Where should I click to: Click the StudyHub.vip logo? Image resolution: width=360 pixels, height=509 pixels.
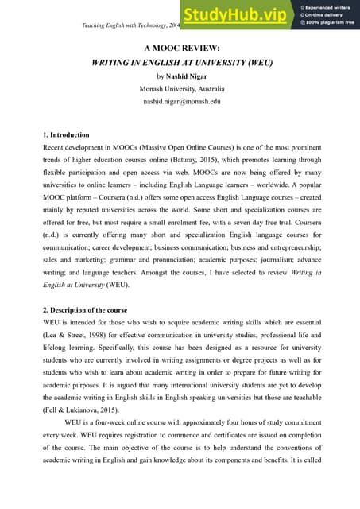(x=236, y=14)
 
